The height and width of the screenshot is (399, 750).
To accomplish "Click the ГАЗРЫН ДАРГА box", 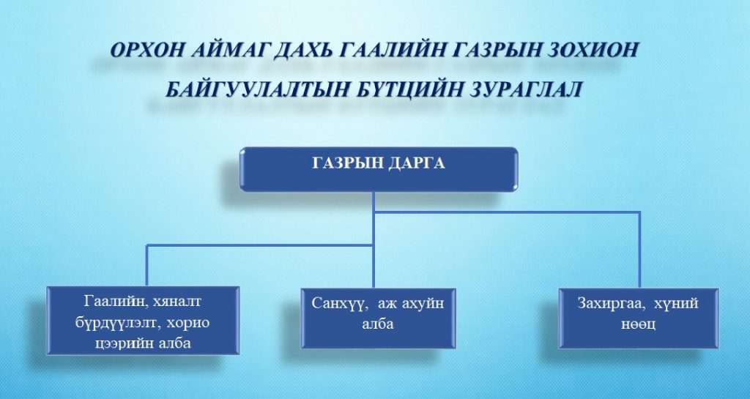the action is (379, 169).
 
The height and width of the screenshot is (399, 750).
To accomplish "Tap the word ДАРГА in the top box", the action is (417, 163).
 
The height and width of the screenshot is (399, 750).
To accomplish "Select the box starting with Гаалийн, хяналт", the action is (143, 321).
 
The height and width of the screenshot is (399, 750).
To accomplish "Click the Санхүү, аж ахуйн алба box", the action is (379, 318).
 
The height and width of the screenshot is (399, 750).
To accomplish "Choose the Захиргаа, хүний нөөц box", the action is (639, 318).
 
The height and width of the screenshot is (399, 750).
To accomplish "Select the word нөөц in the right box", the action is (639, 324).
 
